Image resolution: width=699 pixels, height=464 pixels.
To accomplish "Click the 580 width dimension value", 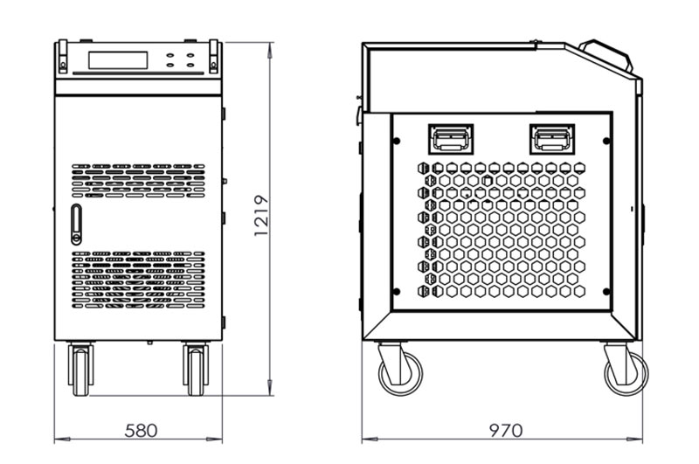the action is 141,431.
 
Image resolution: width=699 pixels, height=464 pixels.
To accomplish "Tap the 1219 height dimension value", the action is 261,216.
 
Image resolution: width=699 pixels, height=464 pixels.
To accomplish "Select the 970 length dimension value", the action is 506,431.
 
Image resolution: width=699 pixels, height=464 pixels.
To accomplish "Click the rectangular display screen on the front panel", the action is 118,60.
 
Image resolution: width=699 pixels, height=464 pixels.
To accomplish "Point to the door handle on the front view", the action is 76,225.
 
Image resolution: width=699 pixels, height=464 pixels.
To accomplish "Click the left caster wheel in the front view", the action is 80,369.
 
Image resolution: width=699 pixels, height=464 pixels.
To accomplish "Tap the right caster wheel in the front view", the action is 196,369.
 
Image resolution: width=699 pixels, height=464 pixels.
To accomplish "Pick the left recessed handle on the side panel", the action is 451,139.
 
